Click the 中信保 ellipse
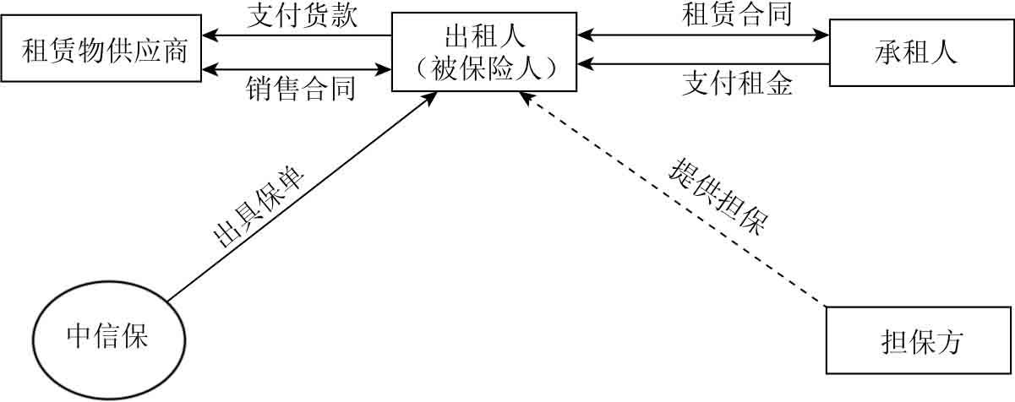107,337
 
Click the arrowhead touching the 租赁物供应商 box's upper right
210,35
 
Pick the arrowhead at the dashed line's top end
525,99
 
